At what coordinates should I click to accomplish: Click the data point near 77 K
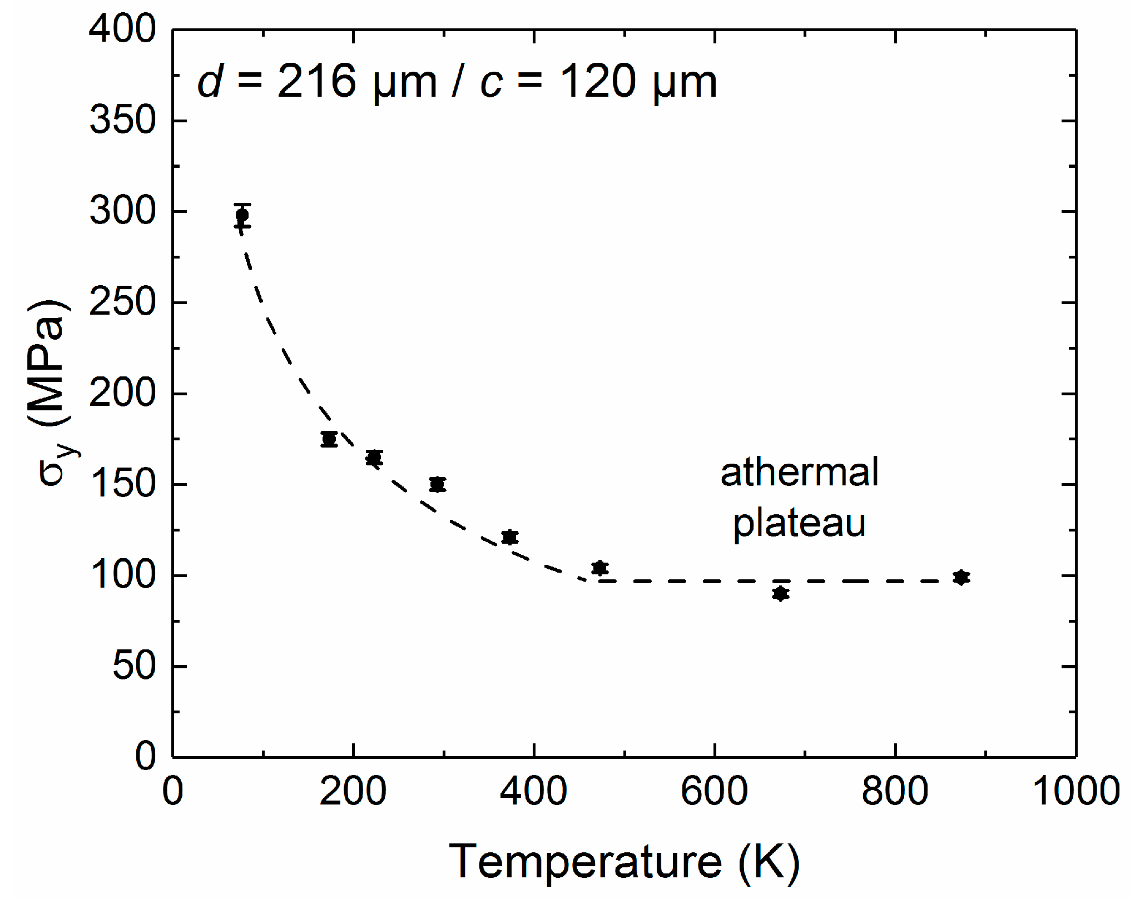point(242,215)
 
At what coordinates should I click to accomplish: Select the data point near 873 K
point(961,578)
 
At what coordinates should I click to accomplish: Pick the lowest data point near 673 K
point(781,594)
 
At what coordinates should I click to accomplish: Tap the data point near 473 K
point(599,568)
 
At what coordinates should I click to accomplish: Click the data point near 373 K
point(509,537)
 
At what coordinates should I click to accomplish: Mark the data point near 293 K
point(438,484)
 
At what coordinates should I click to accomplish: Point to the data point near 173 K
point(329,439)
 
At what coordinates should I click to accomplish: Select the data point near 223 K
point(374,458)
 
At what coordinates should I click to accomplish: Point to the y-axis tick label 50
point(134,666)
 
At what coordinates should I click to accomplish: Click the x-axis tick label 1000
point(1076,792)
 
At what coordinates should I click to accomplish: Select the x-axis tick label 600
point(714,792)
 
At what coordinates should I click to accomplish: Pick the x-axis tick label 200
point(353,792)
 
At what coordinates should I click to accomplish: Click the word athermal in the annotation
point(799,473)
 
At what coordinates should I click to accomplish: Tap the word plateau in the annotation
point(799,524)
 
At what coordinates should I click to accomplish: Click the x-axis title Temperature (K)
point(624,862)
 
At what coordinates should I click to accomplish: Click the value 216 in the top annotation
point(316,82)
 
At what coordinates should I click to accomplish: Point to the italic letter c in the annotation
point(491,83)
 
